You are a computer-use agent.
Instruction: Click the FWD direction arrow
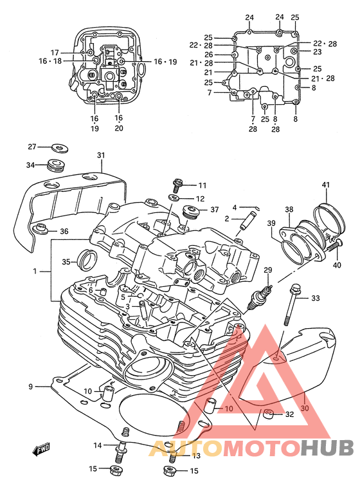tap(41, 449)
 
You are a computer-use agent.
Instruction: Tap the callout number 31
tap(101, 155)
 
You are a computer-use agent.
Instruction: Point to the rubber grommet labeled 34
tap(56, 165)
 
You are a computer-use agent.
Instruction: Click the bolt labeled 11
tap(177, 185)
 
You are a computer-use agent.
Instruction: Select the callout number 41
tap(325, 185)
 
